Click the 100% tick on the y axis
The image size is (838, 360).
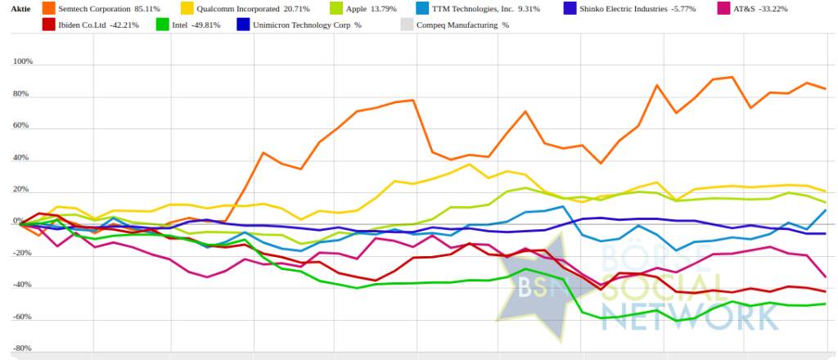point(22,62)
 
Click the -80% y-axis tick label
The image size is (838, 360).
point(22,349)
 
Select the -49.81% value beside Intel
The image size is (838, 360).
point(205,25)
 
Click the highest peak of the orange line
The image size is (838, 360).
point(731,77)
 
